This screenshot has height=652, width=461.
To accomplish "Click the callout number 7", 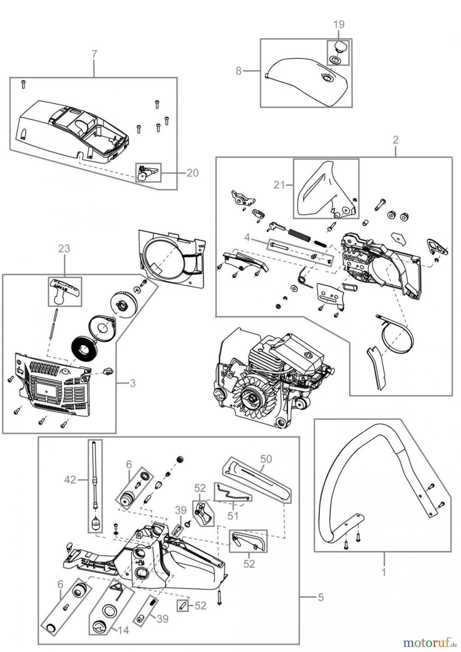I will pyautogui.click(x=94, y=54).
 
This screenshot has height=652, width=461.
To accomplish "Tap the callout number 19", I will pyautogui.click(x=339, y=25).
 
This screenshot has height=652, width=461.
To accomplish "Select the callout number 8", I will pyautogui.click(x=238, y=71).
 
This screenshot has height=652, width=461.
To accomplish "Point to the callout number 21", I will pyautogui.click(x=279, y=185).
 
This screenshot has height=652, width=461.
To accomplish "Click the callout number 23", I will pyautogui.click(x=65, y=249).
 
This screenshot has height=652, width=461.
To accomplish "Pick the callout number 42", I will pyautogui.click(x=70, y=480).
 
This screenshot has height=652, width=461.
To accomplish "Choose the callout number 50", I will pyautogui.click(x=266, y=459).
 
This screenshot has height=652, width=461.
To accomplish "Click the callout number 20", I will pyautogui.click(x=192, y=173).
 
